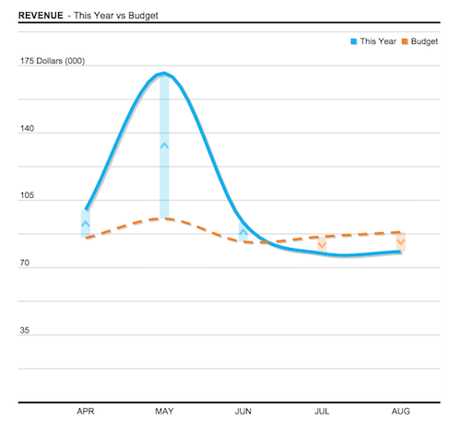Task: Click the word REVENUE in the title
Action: tap(41, 16)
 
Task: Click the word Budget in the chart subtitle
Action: tap(131, 16)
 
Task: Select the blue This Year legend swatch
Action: tap(352, 41)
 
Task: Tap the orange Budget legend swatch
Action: tap(404, 41)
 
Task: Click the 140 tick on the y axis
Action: tap(27, 130)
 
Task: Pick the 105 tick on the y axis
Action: tap(27, 197)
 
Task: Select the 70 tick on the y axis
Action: tap(25, 264)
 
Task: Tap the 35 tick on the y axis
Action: tap(25, 331)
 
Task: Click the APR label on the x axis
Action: tap(86, 411)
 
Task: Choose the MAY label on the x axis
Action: tap(164, 411)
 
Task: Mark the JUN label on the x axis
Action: tap(243, 411)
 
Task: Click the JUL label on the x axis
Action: tap(322, 411)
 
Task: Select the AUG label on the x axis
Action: tap(400, 411)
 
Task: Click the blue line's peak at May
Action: tap(164, 74)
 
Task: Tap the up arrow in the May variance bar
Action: tap(164, 145)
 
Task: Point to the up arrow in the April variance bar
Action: tap(86, 223)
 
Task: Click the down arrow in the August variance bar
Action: tap(400, 242)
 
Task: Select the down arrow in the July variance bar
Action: tap(322, 244)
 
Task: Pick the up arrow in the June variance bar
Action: tap(243, 233)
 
